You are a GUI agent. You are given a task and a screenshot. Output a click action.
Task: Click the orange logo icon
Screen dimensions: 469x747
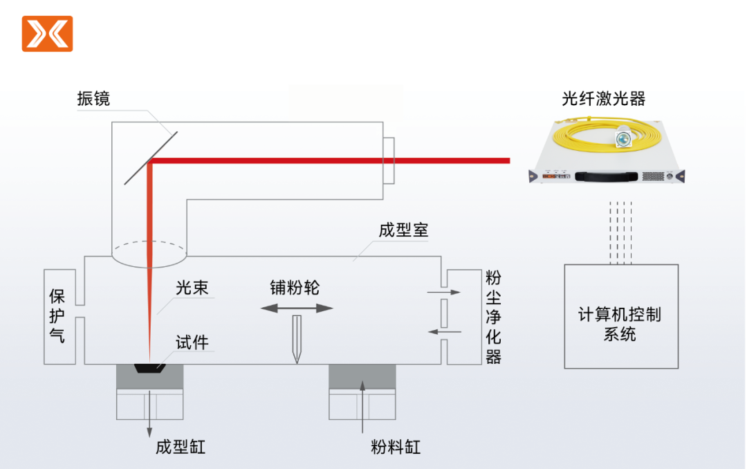(x=47, y=34)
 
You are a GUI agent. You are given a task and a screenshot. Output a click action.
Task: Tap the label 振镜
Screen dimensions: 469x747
(x=93, y=99)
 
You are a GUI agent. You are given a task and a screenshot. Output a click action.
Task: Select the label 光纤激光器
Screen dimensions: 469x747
(x=603, y=99)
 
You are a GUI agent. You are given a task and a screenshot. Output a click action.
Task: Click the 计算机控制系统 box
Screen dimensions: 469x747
(x=621, y=316)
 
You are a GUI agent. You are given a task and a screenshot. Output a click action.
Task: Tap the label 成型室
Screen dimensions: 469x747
(x=403, y=230)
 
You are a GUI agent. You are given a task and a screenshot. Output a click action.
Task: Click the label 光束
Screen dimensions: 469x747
(x=192, y=288)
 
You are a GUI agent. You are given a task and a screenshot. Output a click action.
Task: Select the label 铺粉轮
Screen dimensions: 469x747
(x=295, y=288)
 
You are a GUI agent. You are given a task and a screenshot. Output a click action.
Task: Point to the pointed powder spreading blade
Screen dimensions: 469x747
(x=297, y=339)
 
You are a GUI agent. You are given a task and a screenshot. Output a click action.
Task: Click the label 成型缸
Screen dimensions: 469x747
(x=181, y=447)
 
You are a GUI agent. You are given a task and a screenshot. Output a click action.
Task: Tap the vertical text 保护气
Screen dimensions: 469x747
(x=57, y=316)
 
